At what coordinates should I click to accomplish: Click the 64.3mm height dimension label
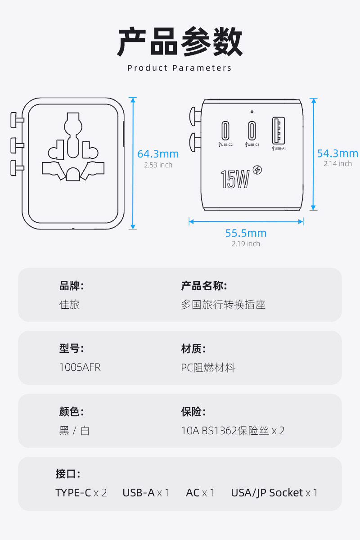pyautogui.click(x=158, y=154)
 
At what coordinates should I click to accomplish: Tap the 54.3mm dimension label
pyautogui.click(x=337, y=153)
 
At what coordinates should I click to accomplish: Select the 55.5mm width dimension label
pyautogui.click(x=246, y=233)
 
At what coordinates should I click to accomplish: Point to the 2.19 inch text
pyautogui.click(x=246, y=244)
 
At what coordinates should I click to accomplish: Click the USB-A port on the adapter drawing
pyautogui.click(x=279, y=130)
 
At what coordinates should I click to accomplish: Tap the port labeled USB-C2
pyautogui.click(x=225, y=130)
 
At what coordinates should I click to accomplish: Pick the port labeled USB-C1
pyautogui.click(x=252, y=130)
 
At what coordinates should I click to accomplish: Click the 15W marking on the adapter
pyautogui.click(x=235, y=179)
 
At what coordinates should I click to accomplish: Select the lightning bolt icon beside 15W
pyautogui.click(x=257, y=170)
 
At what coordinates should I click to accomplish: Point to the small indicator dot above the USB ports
pyautogui.click(x=252, y=112)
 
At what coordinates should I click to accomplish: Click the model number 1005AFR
pyautogui.click(x=80, y=367)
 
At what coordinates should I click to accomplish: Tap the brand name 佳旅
pyautogui.click(x=69, y=305)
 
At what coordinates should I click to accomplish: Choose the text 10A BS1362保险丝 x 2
pyautogui.click(x=233, y=431)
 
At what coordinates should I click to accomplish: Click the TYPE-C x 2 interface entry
pyautogui.click(x=81, y=493)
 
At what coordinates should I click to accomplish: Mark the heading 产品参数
pyautogui.click(x=180, y=41)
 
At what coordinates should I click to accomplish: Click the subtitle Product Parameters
pyautogui.click(x=180, y=68)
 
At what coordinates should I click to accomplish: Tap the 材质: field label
pyautogui.click(x=193, y=349)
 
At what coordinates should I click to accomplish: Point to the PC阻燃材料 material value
pyautogui.click(x=208, y=368)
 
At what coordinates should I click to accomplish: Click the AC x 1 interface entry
pyautogui.click(x=200, y=493)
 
